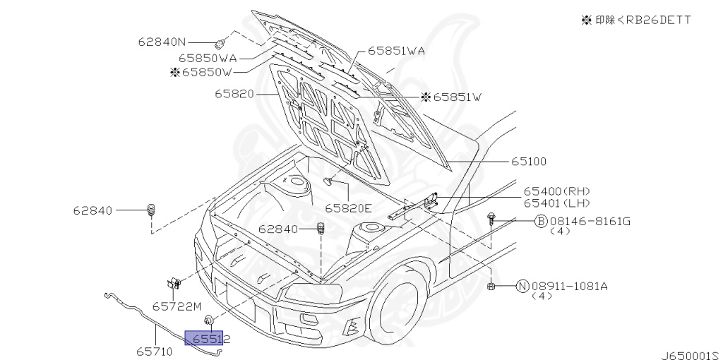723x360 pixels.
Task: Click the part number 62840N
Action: tap(162, 42)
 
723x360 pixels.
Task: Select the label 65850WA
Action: tap(208, 58)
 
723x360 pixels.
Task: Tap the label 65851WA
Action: tap(396, 51)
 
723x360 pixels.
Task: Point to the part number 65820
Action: tap(234, 94)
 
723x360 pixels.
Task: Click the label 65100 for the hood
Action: tap(528, 162)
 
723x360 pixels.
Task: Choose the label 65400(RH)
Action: tap(556, 191)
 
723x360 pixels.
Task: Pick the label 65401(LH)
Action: tap(556, 203)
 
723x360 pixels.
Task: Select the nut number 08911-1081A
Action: tap(570, 287)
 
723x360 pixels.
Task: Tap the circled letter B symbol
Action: tap(540, 222)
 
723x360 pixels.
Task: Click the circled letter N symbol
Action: tap(522, 287)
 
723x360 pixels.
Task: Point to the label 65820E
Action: tap(348, 208)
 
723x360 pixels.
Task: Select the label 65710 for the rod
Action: tap(155, 352)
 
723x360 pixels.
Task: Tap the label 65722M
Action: tap(177, 306)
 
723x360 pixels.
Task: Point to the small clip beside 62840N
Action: tap(220, 44)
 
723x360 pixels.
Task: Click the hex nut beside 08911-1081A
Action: tap(491, 287)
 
